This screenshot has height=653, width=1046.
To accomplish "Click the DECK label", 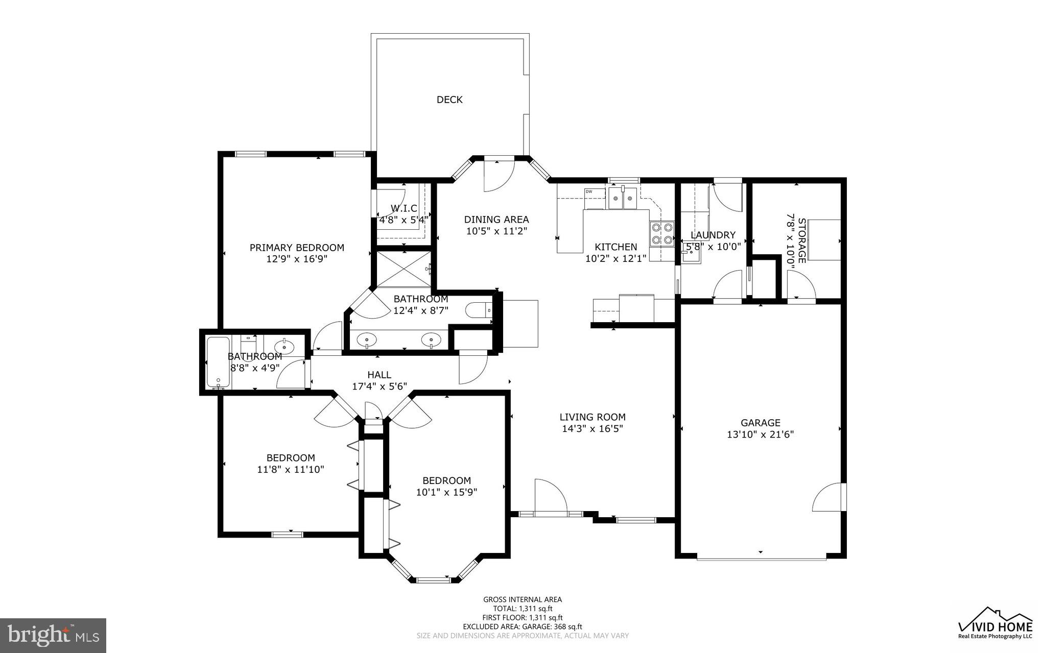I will click(449, 100).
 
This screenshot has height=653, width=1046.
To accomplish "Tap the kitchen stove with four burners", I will click(661, 234).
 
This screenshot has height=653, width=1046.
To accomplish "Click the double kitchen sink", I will click(623, 199).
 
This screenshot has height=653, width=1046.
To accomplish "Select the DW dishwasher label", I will click(589, 191).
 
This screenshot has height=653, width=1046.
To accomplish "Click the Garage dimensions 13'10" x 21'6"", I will click(760, 434).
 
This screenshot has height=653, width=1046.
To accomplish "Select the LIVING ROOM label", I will click(592, 417).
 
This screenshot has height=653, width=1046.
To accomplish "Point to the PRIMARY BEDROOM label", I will click(297, 248).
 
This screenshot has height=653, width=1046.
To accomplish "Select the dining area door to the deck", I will click(498, 176).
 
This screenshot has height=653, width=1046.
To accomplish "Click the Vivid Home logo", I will click(995, 623).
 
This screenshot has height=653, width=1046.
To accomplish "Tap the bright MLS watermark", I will click(53, 635).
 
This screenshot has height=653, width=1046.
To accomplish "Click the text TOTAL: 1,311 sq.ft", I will click(522, 609).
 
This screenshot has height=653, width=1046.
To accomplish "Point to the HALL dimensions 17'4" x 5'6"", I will click(379, 386).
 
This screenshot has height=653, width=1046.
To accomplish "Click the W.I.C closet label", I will click(404, 208).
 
